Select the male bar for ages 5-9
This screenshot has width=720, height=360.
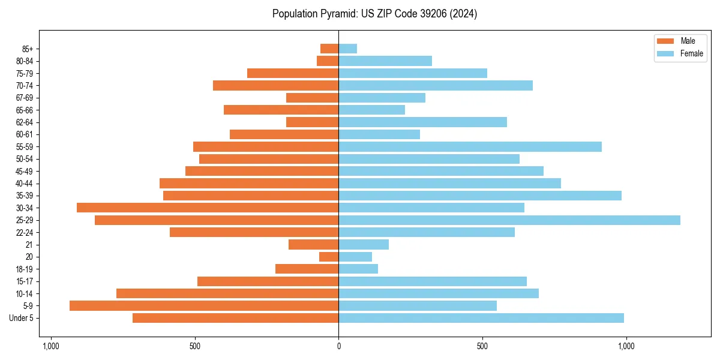tap(204, 305)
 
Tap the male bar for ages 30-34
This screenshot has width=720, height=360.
tap(208, 208)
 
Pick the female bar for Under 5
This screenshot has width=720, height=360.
tap(481, 318)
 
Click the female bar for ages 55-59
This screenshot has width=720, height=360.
tap(470, 146)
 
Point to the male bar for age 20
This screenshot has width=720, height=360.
tap(329, 257)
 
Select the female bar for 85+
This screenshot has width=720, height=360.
tap(347, 49)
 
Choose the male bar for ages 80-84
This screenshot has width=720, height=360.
tap(328, 61)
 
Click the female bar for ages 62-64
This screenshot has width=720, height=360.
tap(422, 122)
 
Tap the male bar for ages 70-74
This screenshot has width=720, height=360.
tap(275, 85)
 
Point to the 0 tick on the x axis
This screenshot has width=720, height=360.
tap(338, 346)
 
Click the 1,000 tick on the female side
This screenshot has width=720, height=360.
tap(626, 346)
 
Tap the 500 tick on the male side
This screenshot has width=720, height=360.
tap(194, 346)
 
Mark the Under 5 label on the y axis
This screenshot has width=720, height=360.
tap(21, 318)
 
